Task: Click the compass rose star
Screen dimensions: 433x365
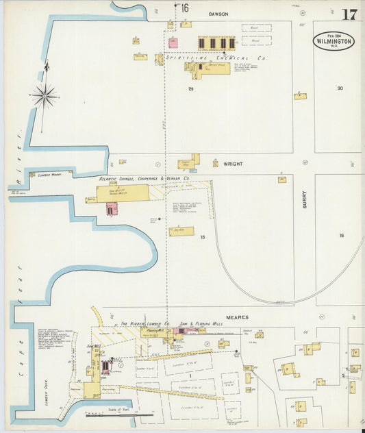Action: pyautogui.click(x=45, y=97)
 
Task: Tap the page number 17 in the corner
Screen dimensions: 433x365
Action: pyautogui.click(x=349, y=14)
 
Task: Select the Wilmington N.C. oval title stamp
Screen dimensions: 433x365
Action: pyautogui.click(x=334, y=40)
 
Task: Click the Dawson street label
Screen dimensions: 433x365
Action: pyautogui.click(x=218, y=14)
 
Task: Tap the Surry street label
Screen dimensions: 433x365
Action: pyautogui.click(x=305, y=199)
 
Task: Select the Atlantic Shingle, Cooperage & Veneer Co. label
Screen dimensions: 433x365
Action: pyautogui.click(x=144, y=179)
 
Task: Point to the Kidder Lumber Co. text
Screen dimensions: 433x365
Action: pyautogui.click(x=143, y=323)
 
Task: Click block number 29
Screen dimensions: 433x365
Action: pyautogui.click(x=191, y=89)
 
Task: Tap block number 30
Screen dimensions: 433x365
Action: pyautogui.click(x=340, y=88)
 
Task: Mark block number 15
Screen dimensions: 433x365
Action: pyautogui.click(x=202, y=236)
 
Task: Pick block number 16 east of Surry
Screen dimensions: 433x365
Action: pyautogui.click(x=341, y=236)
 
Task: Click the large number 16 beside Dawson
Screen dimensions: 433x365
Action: pyautogui.click(x=184, y=8)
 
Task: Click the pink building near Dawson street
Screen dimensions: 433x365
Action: pyautogui.click(x=173, y=42)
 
